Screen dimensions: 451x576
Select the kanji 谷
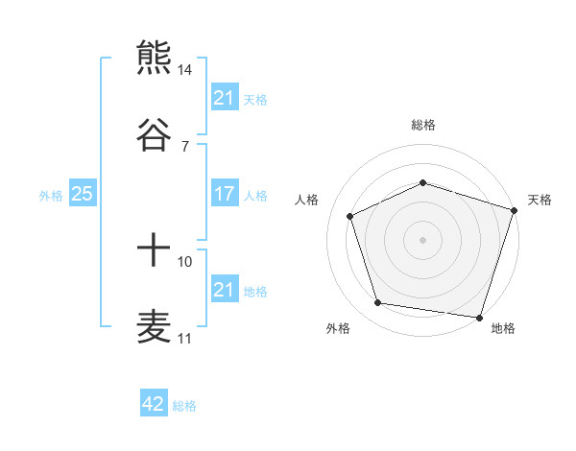(154, 134)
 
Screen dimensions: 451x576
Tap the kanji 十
(154, 251)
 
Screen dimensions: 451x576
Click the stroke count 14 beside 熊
(185, 70)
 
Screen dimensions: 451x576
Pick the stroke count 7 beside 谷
(185, 146)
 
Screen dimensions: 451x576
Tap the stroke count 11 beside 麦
(185, 339)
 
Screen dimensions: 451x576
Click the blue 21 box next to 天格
(224, 97)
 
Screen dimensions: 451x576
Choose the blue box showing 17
(224, 194)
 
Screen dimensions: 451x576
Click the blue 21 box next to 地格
(224, 290)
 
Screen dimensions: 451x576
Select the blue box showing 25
(82, 194)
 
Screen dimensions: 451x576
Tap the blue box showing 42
(154, 404)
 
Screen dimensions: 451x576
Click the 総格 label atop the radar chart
(423, 125)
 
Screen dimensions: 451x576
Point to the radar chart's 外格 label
(338, 329)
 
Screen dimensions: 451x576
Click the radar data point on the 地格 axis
(479, 317)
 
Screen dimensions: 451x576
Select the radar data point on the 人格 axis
(350, 216)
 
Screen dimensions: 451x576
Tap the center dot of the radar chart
(423, 240)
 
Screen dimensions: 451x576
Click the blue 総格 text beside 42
(185, 405)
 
